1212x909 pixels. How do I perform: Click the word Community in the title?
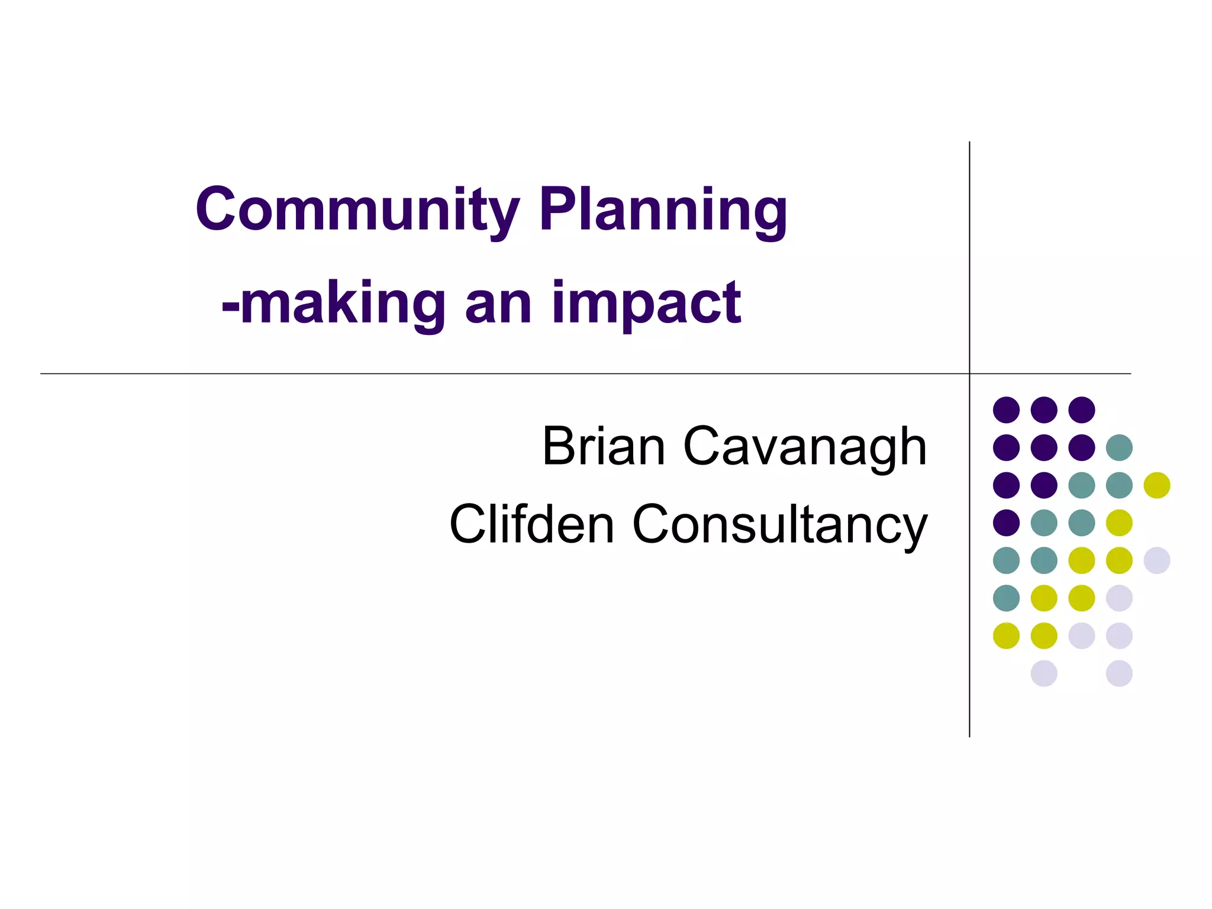357,210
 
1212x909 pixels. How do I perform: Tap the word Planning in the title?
663,211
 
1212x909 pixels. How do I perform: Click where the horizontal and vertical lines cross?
969,373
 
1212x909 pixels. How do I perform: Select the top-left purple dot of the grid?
1006,410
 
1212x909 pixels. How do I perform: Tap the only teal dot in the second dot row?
1119,447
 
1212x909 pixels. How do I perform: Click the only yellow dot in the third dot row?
1157,485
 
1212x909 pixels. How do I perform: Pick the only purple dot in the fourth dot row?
1006,523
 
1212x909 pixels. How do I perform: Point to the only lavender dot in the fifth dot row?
1157,560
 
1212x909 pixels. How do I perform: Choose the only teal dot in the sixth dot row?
1006,598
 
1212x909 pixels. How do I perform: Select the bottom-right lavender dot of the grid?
1119,673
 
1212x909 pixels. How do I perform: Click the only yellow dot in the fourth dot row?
1119,523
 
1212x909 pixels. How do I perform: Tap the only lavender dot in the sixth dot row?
1119,598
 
